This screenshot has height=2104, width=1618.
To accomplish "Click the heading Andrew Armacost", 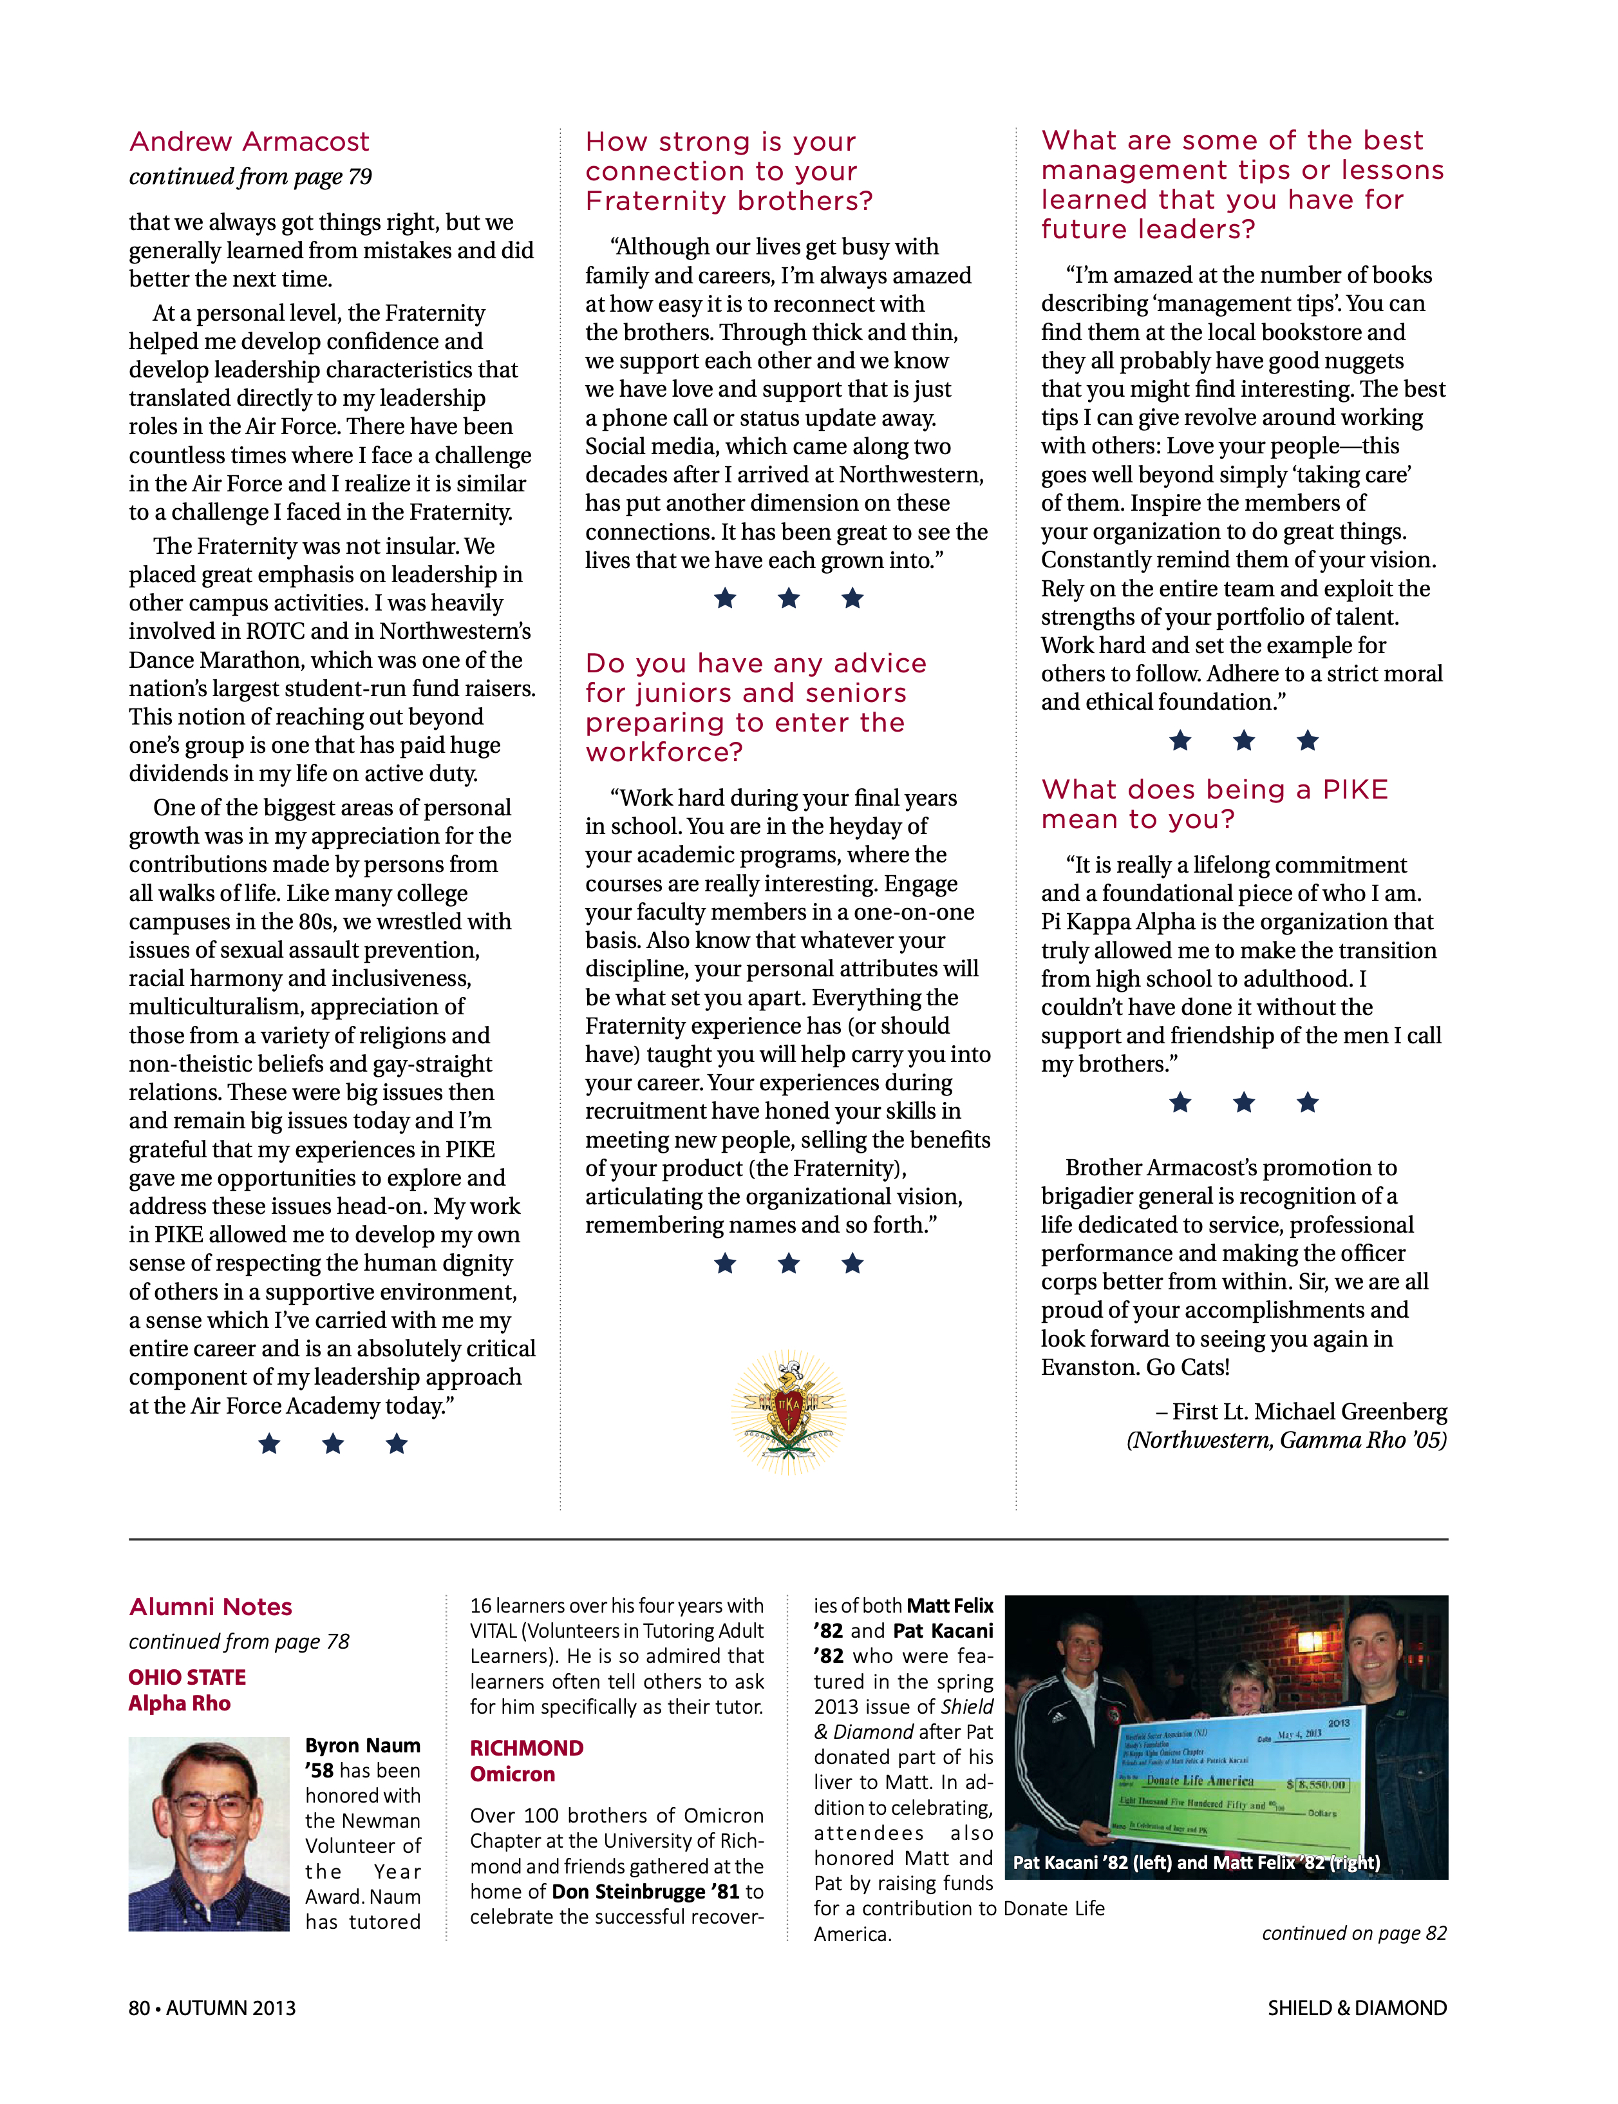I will [x=249, y=142].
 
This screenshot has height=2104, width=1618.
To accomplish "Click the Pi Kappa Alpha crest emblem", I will [x=789, y=1411].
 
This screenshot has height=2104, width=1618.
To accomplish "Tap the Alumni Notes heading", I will [x=211, y=1607].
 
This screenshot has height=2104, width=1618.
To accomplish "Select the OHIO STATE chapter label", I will [x=188, y=1677].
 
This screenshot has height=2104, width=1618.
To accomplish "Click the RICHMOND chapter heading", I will [x=527, y=1749].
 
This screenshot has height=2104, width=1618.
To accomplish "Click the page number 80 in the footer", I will [x=140, y=2007].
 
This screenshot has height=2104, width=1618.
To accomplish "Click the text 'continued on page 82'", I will [x=1354, y=1933].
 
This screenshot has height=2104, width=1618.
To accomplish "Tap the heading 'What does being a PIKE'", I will [x=1214, y=790].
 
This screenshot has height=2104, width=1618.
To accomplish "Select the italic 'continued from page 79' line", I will [x=250, y=177].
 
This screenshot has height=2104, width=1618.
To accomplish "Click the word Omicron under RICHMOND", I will [x=513, y=1774].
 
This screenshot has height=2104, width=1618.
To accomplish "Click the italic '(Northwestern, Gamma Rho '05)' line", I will [x=1286, y=1440].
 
